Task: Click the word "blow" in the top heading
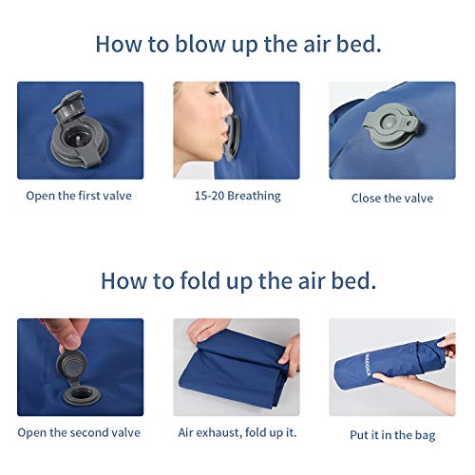tap(200, 44)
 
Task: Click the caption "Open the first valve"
tap(79, 196)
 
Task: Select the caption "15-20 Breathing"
tap(237, 196)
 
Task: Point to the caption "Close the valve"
tap(392, 199)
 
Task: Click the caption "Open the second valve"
tap(79, 432)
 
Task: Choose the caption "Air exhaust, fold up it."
tap(237, 432)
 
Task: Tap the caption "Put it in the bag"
tap(392, 435)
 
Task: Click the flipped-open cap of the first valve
tap(67, 106)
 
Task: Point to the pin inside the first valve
tap(78, 140)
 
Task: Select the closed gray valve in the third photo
tap(391, 126)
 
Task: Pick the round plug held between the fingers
tap(71, 366)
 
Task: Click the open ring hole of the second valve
tap(82, 394)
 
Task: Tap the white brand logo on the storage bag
tap(368, 364)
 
